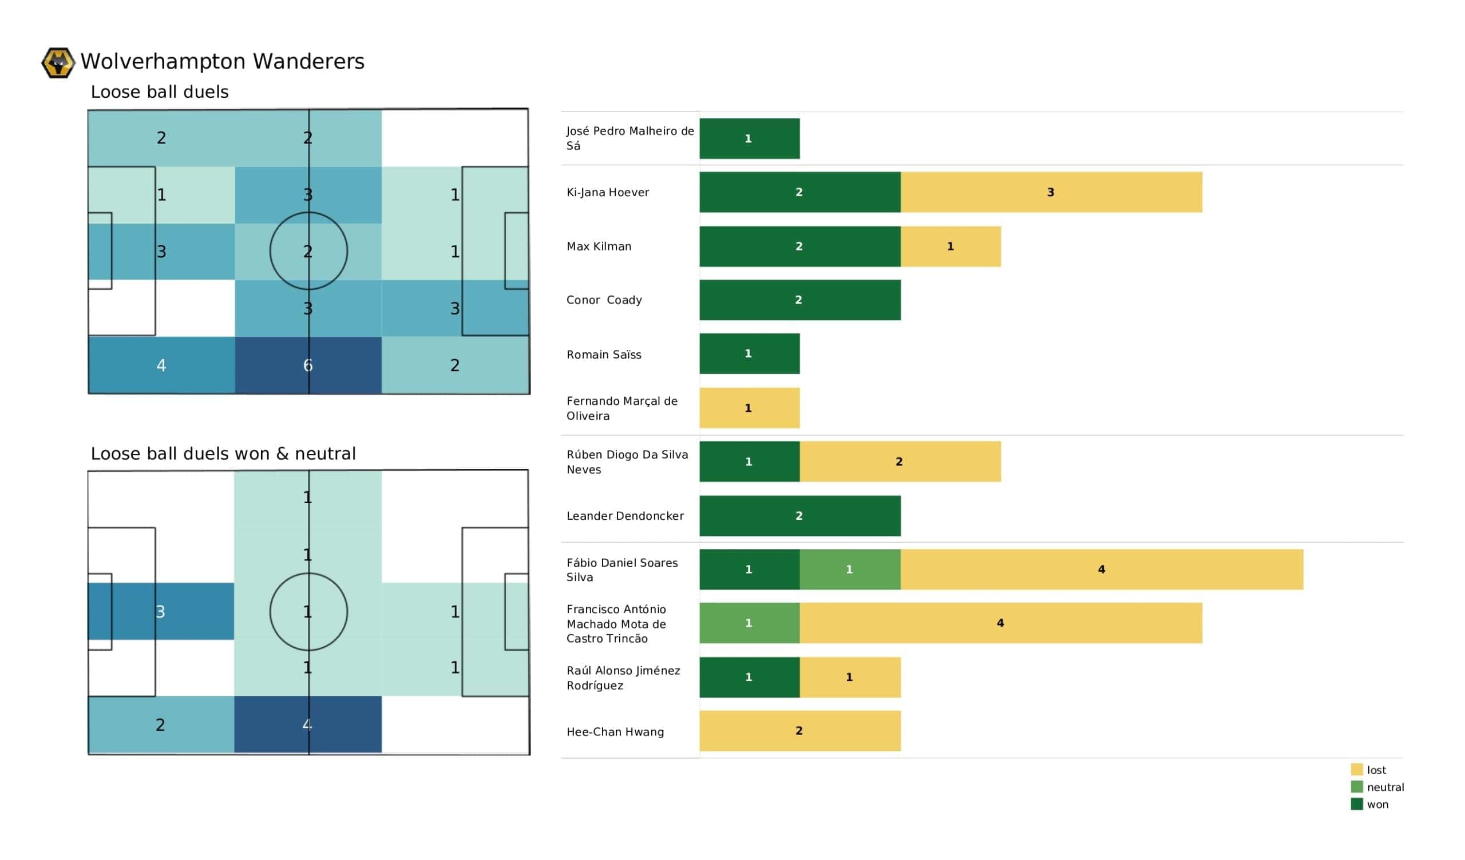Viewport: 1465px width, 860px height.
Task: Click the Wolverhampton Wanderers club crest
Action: point(58,63)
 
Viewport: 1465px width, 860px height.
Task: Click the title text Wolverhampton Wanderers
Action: point(223,62)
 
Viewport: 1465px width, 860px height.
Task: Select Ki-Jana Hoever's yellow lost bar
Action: point(1051,192)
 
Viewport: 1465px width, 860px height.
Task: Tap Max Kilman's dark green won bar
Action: point(800,246)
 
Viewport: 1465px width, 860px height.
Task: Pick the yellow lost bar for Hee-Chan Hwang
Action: point(800,731)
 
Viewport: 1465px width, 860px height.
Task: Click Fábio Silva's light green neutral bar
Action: point(850,570)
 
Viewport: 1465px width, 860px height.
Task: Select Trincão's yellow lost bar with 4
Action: point(1001,623)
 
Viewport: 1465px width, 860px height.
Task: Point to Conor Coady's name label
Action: point(604,300)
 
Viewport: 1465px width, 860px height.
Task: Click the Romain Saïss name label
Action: point(604,355)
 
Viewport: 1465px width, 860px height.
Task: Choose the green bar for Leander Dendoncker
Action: point(800,516)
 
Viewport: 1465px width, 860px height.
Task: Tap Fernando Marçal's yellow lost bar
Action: point(749,408)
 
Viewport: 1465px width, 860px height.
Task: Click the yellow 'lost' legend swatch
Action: point(1357,770)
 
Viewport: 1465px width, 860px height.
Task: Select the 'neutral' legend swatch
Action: point(1357,787)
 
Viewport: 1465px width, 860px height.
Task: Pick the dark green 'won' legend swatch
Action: point(1357,804)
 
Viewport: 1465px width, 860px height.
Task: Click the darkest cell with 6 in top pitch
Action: point(308,365)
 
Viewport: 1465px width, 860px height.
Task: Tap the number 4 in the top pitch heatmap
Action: point(161,365)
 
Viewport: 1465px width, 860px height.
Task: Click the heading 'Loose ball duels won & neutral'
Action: point(223,454)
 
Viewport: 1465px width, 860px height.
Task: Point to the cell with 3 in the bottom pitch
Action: point(161,612)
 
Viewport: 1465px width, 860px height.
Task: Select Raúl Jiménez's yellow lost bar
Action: point(850,678)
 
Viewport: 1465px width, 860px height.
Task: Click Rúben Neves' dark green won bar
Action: point(749,462)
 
